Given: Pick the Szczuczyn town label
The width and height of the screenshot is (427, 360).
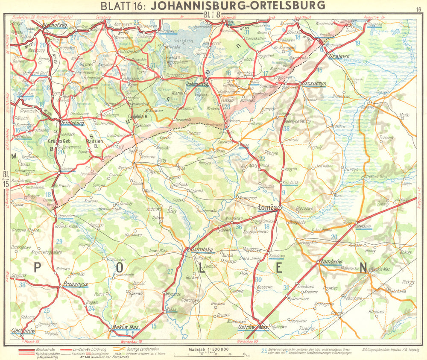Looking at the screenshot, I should [313, 83].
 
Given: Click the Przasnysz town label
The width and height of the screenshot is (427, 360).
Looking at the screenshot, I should [75, 284].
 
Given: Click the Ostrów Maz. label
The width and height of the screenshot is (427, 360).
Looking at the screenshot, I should [252, 328].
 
